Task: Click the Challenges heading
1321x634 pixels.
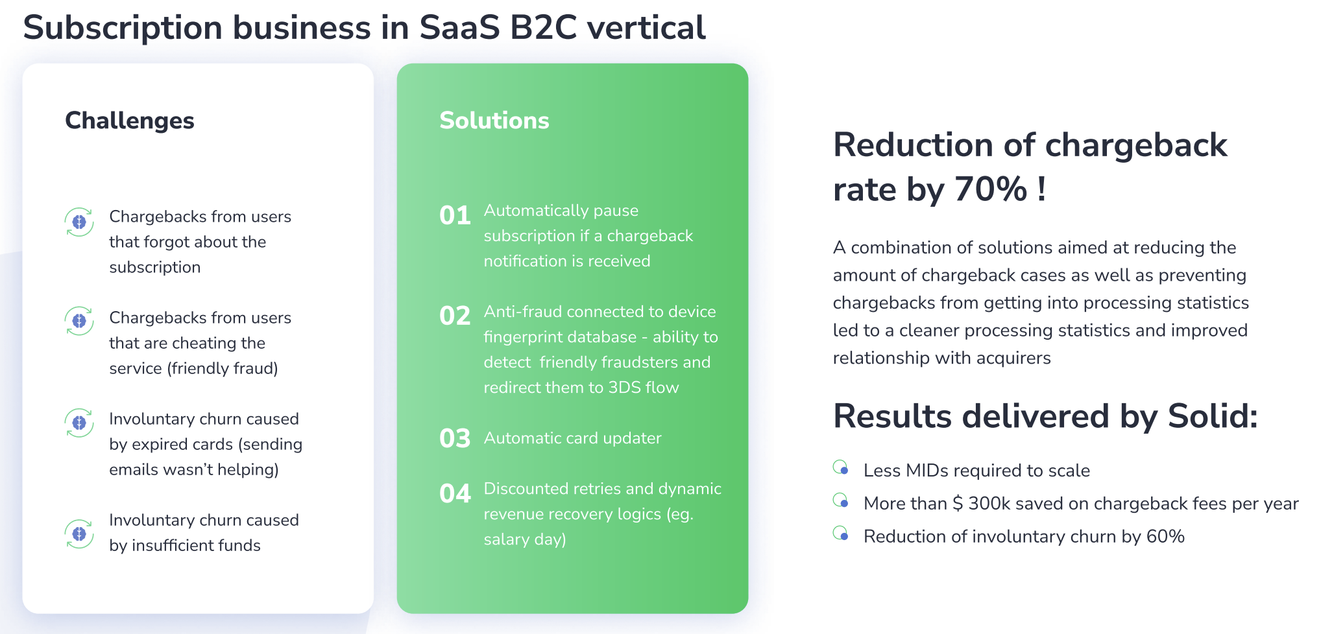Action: pos(130,121)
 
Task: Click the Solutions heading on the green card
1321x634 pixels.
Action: pos(494,121)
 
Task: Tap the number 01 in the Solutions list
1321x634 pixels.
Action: pos(455,216)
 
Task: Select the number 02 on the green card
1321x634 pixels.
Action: pos(455,316)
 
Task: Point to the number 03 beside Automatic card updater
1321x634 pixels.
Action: pos(455,439)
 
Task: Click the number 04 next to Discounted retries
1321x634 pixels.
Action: pos(455,494)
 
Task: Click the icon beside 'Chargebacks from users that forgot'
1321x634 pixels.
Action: pos(79,222)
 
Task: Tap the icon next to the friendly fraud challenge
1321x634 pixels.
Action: pos(79,321)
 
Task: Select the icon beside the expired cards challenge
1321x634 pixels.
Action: pos(79,423)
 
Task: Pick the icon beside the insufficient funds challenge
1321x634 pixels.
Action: pos(79,534)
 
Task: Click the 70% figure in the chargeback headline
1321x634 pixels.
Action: pos(991,189)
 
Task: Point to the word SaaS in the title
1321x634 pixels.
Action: pos(460,28)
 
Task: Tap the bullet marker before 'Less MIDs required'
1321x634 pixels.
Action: pos(841,467)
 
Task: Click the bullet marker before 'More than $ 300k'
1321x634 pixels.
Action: pos(841,500)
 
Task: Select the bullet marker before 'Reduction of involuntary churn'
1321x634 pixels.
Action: pos(841,534)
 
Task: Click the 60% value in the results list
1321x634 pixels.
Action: pos(1165,537)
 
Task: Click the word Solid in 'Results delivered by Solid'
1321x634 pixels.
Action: pos(1213,416)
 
